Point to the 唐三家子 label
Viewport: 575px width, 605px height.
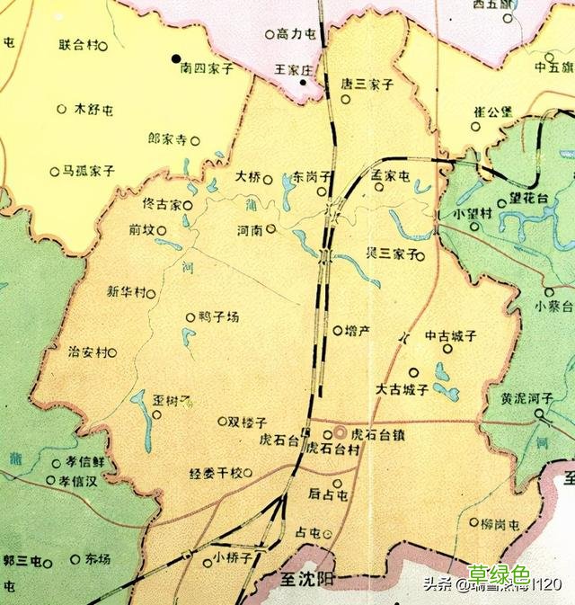coord(368,85)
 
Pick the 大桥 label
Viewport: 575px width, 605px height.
coord(247,176)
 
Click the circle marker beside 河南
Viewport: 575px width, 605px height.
coord(270,228)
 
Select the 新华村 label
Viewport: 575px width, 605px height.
coord(125,291)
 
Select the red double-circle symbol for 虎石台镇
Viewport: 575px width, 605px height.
coord(340,433)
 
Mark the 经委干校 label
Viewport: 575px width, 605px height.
coord(216,473)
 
